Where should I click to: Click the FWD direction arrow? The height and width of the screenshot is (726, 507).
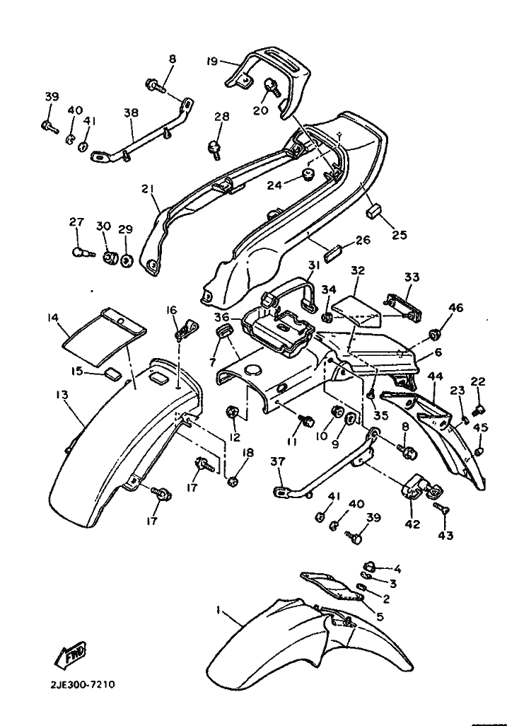pos(70,654)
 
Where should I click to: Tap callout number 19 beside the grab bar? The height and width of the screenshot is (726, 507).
pos(212,61)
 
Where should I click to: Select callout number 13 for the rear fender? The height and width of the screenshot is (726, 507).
pos(62,395)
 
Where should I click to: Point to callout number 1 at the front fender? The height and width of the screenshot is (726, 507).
pos(218,610)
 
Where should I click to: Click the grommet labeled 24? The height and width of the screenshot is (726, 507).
pos(307,175)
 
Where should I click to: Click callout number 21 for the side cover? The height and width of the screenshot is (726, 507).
pos(148,190)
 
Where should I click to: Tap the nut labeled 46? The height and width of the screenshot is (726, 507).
pos(434,333)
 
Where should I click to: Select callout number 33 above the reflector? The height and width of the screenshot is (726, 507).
pos(412,277)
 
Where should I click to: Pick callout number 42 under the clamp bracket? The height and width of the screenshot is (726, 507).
pos(413,524)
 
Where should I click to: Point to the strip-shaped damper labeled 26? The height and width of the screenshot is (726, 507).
pos(337,254)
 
